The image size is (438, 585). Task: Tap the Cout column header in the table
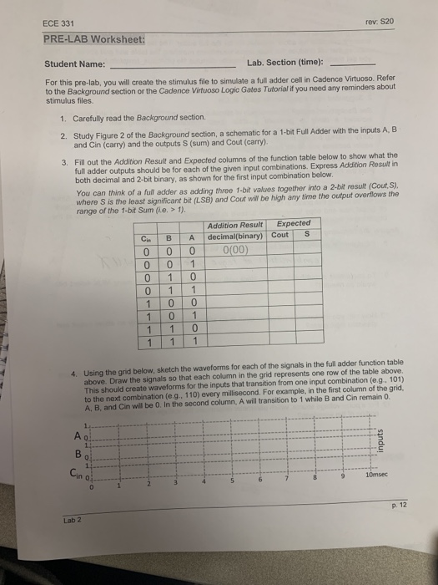point(280,235)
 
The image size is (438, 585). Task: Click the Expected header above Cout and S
point(294,223)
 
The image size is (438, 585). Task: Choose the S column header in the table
point(308,235)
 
